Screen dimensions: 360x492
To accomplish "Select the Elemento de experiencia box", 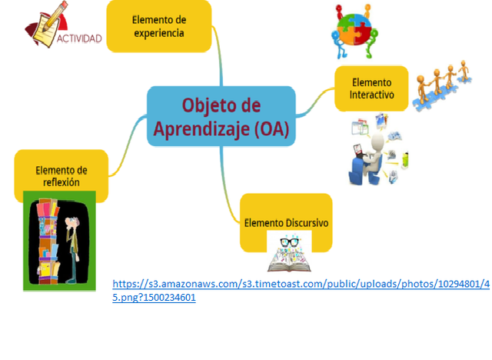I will (x=158, y=26).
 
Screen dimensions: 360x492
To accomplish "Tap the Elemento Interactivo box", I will (x=371, y=88).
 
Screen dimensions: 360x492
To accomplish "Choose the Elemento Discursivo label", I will (x=286, y=222).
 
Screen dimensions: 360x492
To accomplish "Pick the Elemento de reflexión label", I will (x=61, y=175).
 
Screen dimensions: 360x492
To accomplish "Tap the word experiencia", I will (x=158, y=33).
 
